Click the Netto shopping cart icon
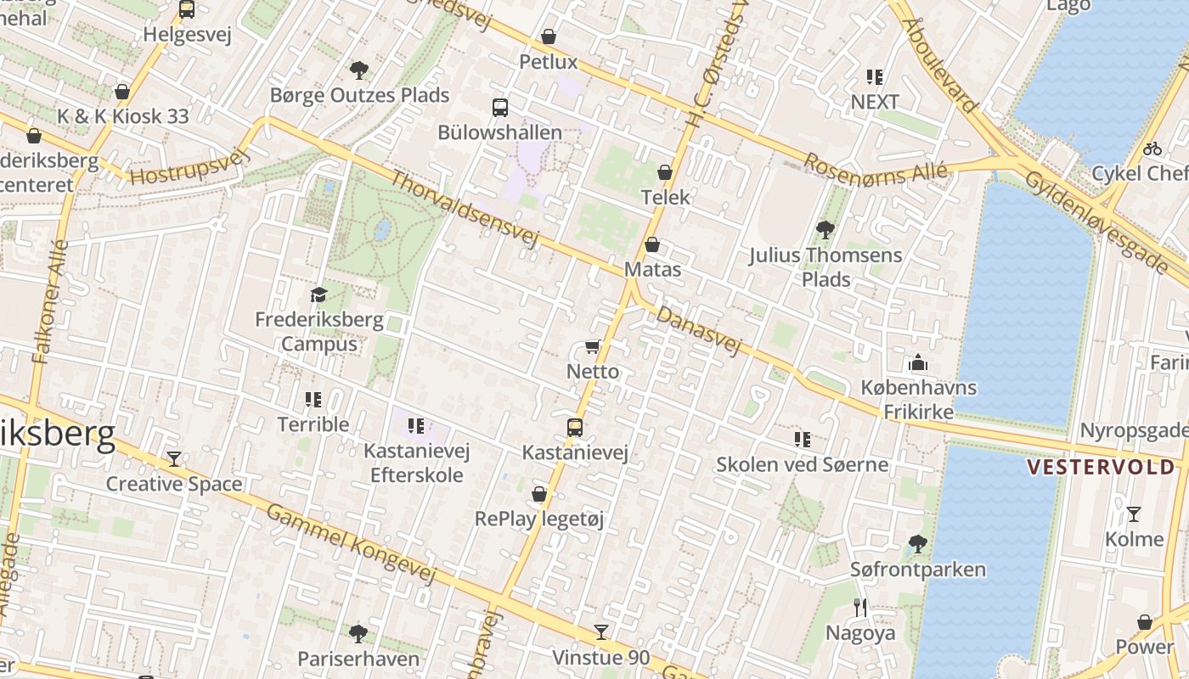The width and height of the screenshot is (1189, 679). click(592, 347)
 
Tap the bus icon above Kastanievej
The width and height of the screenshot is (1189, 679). click(575, 427)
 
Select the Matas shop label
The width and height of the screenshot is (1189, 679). click(652, 270)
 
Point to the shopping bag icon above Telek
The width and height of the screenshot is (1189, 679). click(665, 172)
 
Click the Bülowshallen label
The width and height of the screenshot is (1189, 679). click(499, 133)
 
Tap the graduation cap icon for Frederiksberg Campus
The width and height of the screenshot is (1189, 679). click(318, 295)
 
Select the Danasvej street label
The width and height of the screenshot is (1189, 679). click(699, 331)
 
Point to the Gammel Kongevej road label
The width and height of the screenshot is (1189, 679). click(351, 543)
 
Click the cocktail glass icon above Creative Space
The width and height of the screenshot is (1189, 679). click(174, 458)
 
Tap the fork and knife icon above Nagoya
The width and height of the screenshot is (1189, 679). click(860, 607)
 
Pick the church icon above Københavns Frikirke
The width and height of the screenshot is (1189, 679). click(918, 363)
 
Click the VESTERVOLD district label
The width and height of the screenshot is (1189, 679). click(1101, 467)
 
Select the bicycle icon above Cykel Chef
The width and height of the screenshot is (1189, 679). click(1152, 149)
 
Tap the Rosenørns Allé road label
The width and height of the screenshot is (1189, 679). click(875, 166)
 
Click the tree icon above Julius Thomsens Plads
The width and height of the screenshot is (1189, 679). click(824, 229)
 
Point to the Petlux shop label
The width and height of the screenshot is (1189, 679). click(548, 62)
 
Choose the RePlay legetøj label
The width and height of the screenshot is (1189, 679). click(539, 519)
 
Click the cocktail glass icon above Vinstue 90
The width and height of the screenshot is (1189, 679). click(601, 631)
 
